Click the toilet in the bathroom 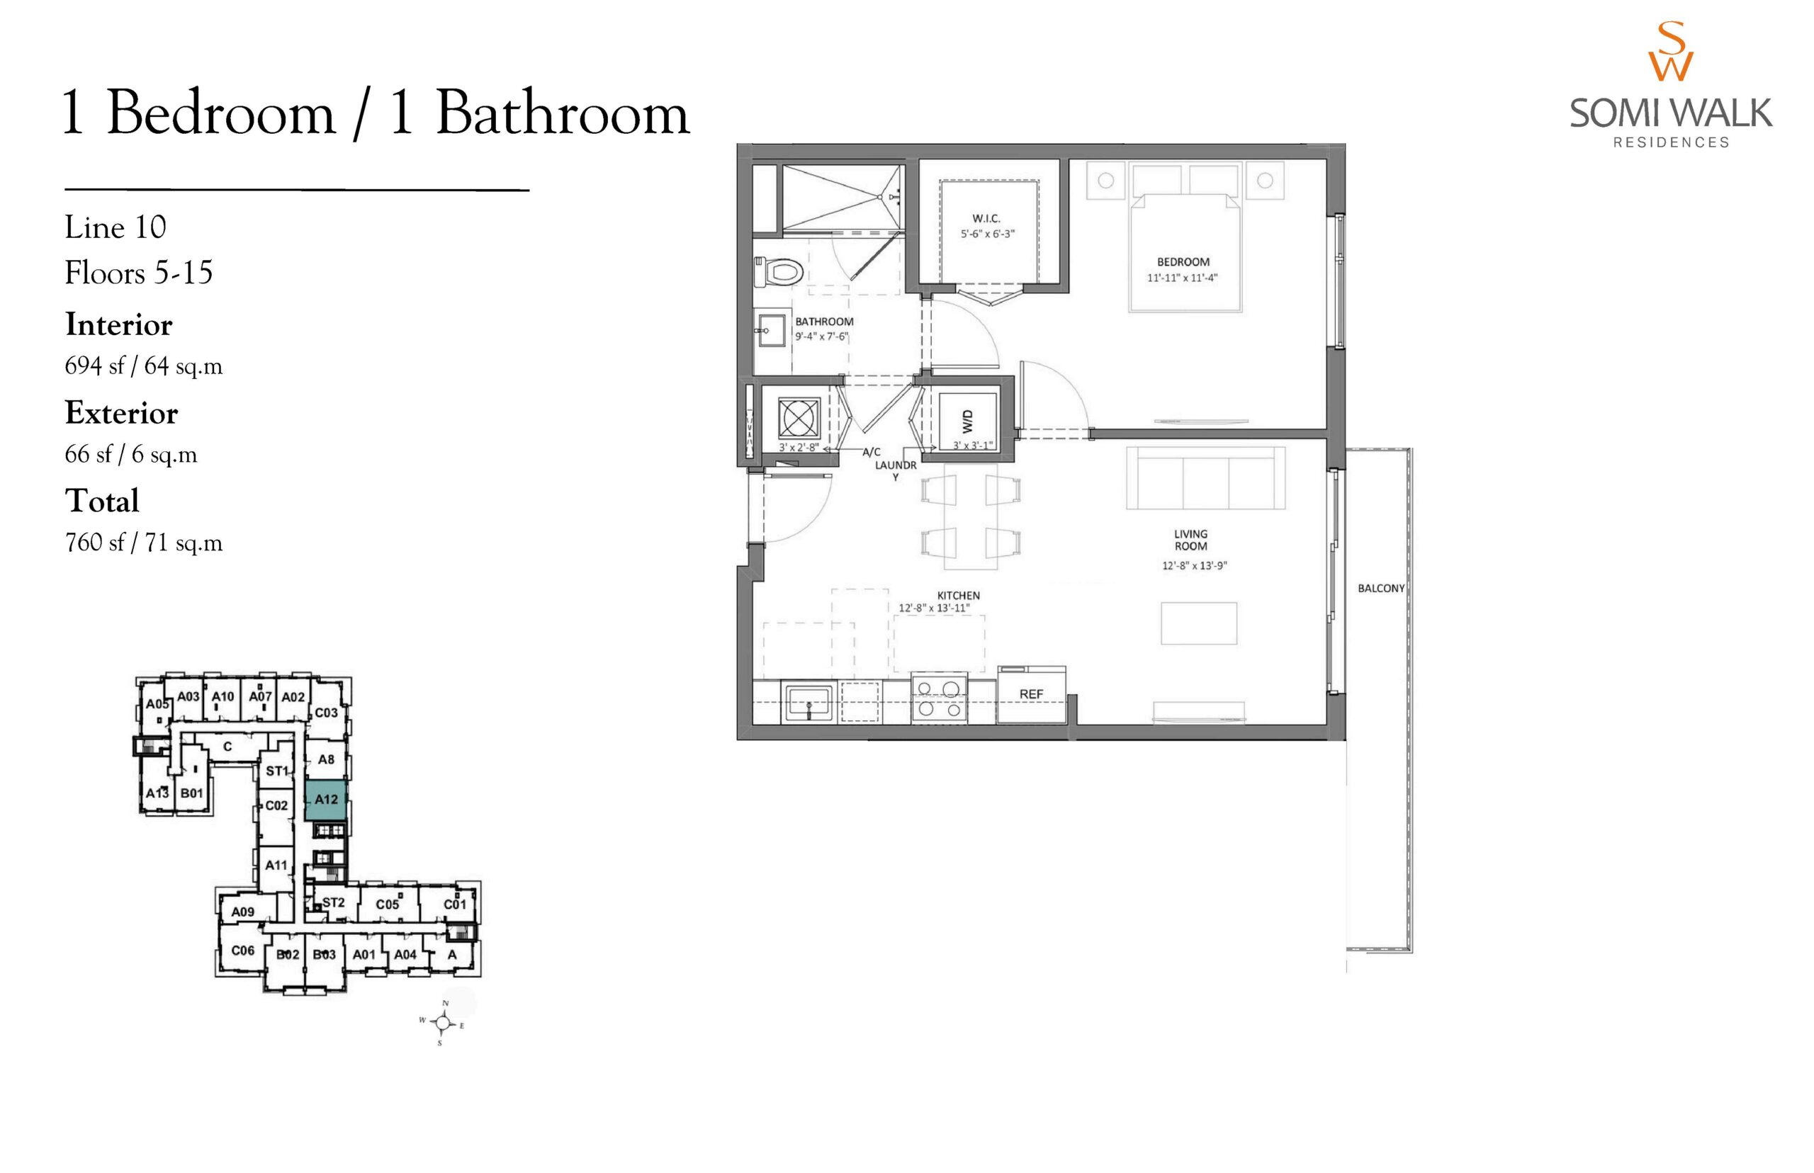point(779,271)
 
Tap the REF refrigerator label point(1031,694)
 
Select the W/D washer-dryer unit point(967,421)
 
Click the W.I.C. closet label point(986,219)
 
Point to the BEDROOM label point(1183,262)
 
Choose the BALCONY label point(1380,588)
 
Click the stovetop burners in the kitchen point(939,698)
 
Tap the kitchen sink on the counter point(809,701)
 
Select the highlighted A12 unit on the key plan point(326,799)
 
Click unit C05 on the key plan point(387,904)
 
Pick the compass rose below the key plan point(442,1021)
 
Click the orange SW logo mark point(1671,52)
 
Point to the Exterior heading point(121,413)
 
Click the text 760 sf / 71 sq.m point(144,543)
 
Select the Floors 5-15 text point(139,272)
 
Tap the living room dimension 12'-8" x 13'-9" point(1194,565)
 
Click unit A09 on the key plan point(242,912)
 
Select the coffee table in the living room point(1198,623)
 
